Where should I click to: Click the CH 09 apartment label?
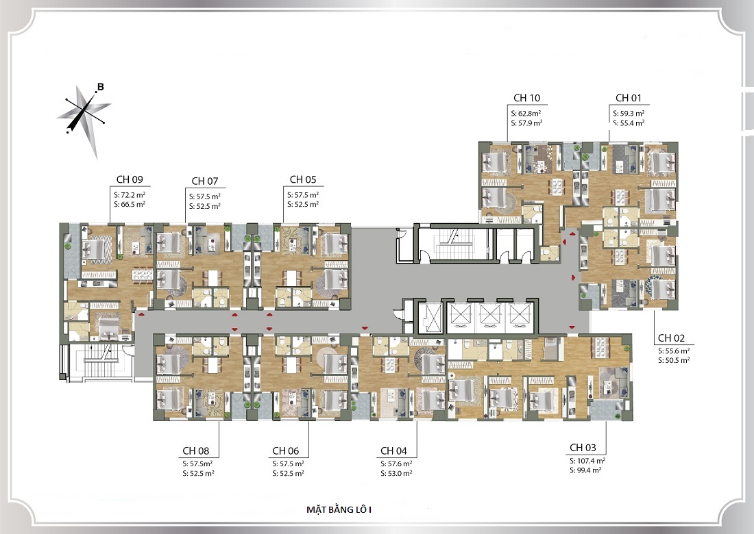130,179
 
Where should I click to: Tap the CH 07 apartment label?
205,181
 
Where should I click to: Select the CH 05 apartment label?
303,179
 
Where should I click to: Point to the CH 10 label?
527,98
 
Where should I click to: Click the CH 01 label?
629,98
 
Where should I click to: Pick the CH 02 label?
671,338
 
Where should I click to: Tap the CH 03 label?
583,448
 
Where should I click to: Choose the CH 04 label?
394,451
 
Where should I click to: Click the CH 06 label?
286,451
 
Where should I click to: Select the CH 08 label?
196,451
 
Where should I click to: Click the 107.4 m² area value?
591,461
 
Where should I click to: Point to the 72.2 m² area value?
133,195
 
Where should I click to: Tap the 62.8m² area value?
529,114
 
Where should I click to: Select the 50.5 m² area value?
677,360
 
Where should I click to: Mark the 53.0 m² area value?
400,474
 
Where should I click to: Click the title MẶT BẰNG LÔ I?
339,509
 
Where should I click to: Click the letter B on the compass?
101,88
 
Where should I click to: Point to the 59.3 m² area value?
633,114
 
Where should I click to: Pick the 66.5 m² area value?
133,205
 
